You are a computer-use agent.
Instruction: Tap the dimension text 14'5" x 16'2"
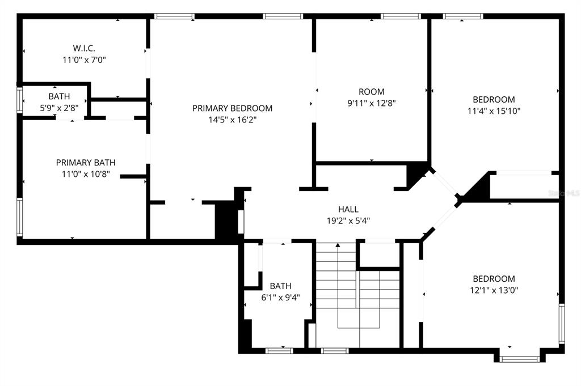[232, 120]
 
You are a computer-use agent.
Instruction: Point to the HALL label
[348, 209]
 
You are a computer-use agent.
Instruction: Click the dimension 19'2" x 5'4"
[348, 220]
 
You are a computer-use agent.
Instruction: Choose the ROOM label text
[371, 92]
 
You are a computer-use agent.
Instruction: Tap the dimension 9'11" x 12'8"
[371, 103]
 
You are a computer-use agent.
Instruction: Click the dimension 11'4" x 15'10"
[494, 111]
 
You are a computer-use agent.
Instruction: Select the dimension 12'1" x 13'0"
[494, 290]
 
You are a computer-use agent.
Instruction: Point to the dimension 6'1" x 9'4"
[280, 297]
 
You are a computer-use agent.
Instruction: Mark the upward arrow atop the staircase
[338, 245]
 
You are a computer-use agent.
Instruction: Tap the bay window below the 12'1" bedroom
[520, 358]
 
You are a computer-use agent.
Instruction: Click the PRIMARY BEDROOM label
[232, 108]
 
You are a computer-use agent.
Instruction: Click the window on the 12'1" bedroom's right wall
[562, 324]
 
